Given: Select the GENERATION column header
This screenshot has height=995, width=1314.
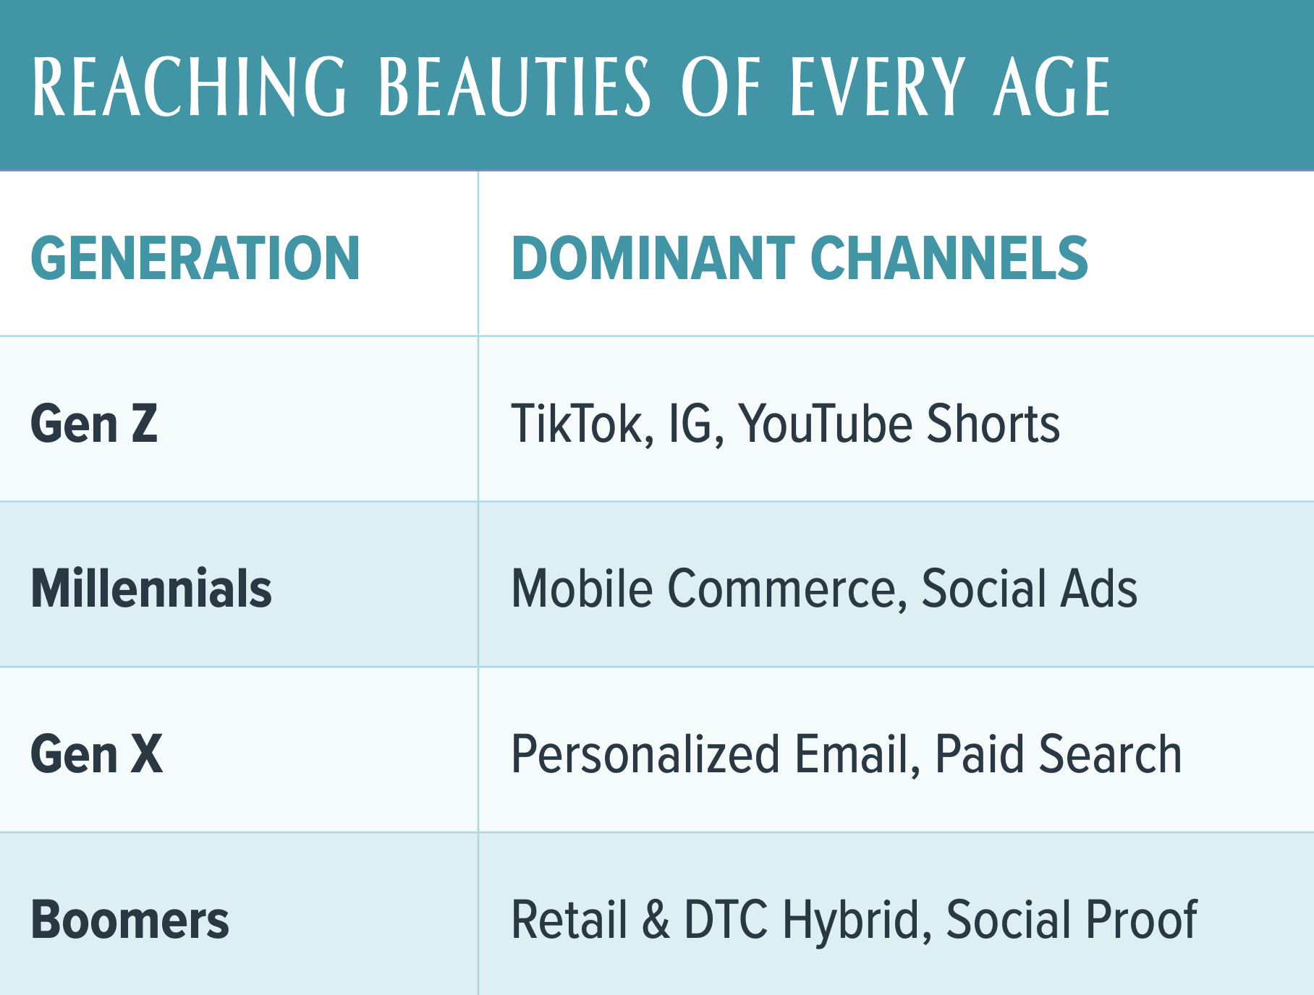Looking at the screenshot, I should [195, 258].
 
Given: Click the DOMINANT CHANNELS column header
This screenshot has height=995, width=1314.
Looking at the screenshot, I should [800, 258].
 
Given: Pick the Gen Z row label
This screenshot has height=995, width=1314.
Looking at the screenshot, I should [94, 423].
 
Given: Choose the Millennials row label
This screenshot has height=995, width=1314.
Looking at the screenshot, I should [151, 588].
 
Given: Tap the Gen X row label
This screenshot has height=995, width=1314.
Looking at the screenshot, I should [97, 753].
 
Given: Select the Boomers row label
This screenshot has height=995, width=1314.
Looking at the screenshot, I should [130, 919].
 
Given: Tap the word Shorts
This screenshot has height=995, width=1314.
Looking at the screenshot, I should [993, 423].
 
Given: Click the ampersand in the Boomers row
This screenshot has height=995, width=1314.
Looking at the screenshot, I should [656, 919].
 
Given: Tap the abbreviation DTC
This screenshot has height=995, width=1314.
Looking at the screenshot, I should [726, 919].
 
